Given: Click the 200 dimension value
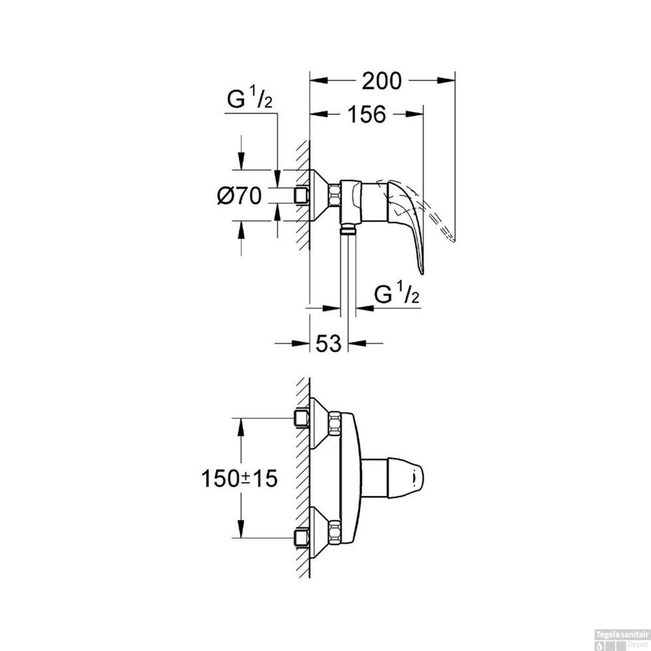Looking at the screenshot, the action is point(382,81).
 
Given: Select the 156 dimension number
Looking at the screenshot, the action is point(367,114).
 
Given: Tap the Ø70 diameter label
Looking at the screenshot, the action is point(240,196).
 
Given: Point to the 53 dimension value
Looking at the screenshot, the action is point(329,344).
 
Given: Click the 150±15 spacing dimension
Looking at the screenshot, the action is point(239,479).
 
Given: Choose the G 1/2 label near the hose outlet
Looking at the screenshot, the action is point(396,295).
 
